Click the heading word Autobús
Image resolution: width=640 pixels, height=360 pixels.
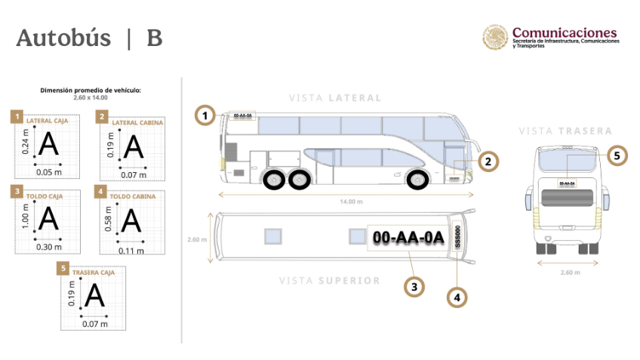pos(63,38)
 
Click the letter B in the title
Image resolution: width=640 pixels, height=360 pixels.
pos(154,38)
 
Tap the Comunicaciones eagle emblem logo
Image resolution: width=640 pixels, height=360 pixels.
pos(495,38)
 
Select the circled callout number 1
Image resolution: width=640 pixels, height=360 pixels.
pos(204,115)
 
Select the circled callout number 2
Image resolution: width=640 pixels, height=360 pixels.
pos(488,161)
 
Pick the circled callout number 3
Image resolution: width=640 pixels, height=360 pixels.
pos(413,286)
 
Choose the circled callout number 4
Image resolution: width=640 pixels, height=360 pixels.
pos(456,297)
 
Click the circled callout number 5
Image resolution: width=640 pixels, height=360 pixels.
pos(617,155)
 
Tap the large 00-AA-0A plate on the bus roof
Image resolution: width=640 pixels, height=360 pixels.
pos(408,238)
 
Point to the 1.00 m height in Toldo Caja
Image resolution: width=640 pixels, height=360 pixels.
pos(26,217)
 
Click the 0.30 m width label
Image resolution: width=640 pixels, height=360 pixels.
pos(49,246)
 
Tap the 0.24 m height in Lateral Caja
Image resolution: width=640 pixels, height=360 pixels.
pos(26,143)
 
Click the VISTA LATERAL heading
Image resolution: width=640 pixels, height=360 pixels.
pos(334,98)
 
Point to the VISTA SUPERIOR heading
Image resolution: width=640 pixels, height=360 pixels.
pos(329,281)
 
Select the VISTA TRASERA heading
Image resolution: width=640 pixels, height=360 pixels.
pos(565,131)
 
